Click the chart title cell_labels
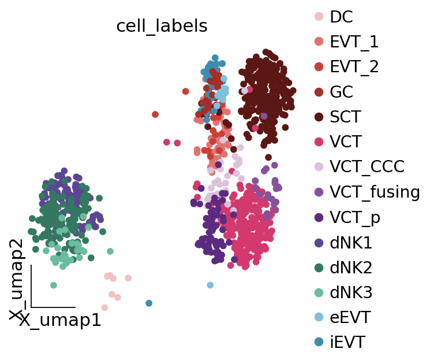click(x=162, y=27)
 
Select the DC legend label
click(x=341, y=17)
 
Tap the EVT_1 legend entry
click(x=354, y=42)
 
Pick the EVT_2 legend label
click(x=354, y=67)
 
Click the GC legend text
click(x=341, y=92)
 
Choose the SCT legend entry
click(x=345, y=117)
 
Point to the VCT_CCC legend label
click(x=367, y=167)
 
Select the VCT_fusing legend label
click(x=375, y=192)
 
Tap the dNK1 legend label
click(x=351, y=243)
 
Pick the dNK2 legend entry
click(x=351, y=268)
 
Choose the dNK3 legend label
click(x=351, y=293)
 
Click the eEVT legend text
click(x=350, y=318)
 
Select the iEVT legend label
click(x=347, y=343)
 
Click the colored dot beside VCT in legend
click(x=319, y=142)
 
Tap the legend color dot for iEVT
click(x=319, y=343)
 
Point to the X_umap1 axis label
click(x=60, y=321)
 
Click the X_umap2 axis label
click(x=17, y=279)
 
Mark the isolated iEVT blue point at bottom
click(x=149, y=303)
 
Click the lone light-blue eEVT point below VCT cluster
click(x=210, y=285)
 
